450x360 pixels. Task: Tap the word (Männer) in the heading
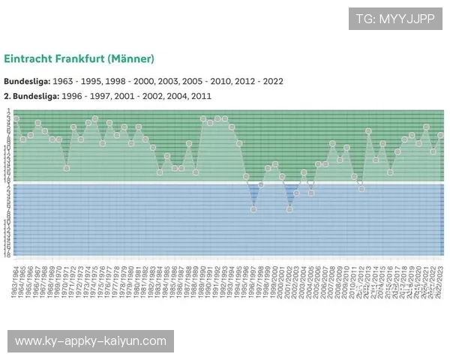[131, 58]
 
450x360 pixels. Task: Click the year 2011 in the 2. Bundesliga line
[200, 96]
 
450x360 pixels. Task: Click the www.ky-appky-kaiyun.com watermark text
[90, 341]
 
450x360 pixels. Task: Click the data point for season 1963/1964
[16, 119]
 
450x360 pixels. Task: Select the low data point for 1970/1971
[67, 168]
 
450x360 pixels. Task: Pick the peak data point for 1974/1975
[95, 118]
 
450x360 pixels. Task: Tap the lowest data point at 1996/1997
[253, 209]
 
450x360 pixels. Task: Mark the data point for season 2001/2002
[289, 209]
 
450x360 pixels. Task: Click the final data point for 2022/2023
[441, 135]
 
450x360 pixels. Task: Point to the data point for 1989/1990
[203, 118]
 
